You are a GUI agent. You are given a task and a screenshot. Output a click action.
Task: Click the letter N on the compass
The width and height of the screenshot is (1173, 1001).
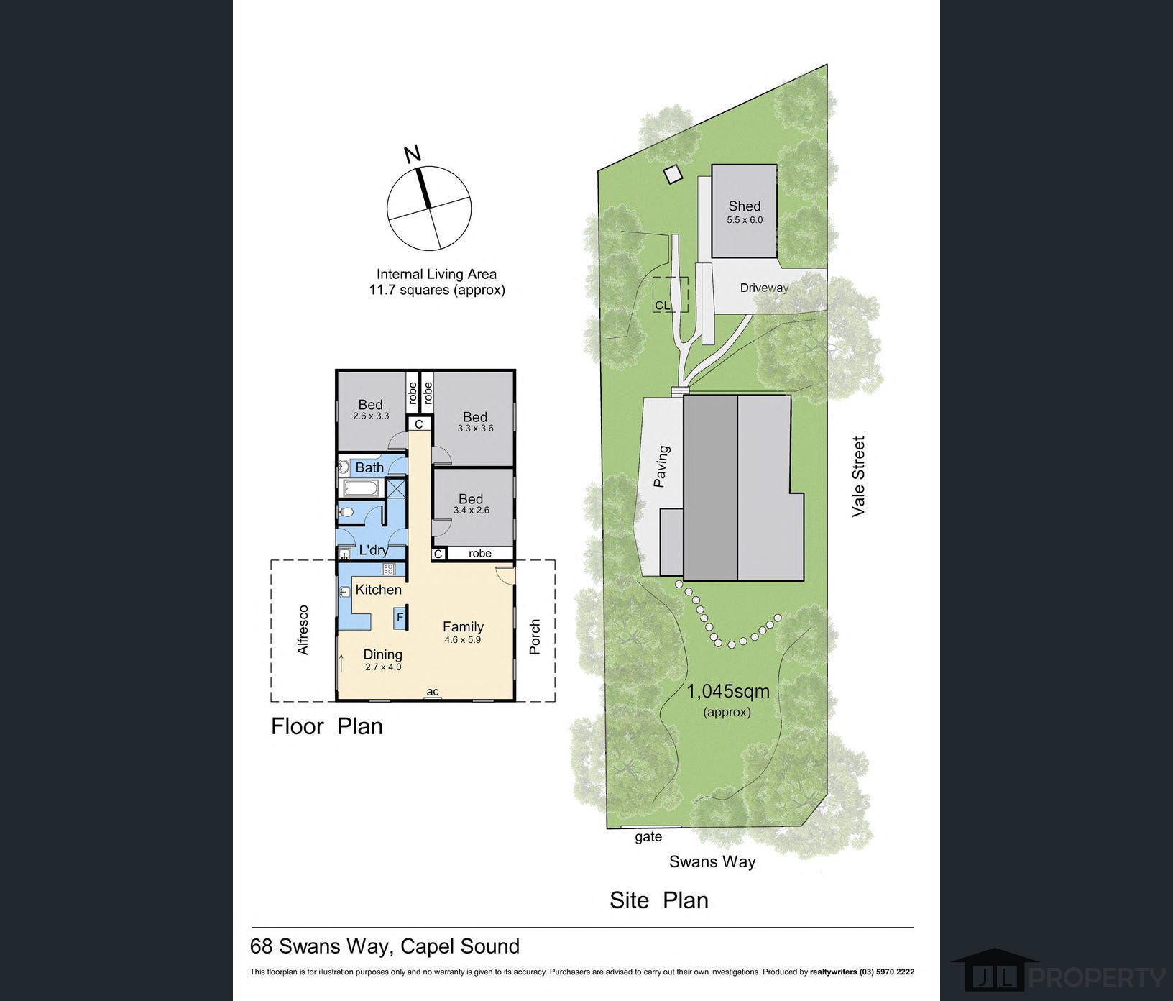pyautogui.click(x=412, y=154)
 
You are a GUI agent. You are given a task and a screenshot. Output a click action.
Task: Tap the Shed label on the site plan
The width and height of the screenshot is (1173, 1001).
pyautogui.click(x=744, y=206)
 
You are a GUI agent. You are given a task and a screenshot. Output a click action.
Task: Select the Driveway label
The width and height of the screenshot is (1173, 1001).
pyautogui.click(x=764, y=288)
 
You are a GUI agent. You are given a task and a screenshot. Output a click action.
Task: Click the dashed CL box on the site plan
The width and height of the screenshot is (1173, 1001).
pyautogui.click(x=670, y=295)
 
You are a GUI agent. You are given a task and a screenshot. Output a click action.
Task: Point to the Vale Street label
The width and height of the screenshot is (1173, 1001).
pyautogui.click(x=858, y=476)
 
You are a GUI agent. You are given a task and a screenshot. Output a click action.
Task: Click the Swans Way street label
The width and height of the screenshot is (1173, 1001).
pyautogui.click(x=712, y=861)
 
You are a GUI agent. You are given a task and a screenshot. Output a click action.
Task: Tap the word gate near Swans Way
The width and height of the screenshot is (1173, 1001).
pyautogui.click(x=648, y=837)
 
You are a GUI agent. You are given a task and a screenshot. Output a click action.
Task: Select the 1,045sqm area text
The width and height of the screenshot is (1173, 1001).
pyautogui.click(x=728, y=692)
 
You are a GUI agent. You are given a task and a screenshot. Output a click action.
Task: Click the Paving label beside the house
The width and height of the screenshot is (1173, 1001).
pyautogui.click(x=661, y=467)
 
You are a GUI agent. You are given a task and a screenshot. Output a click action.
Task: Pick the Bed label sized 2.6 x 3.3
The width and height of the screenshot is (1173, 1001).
pyautogui.click(x=370, y=405)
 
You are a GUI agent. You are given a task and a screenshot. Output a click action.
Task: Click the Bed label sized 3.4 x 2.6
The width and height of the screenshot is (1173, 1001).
pyautogui.click(x=471, y=499)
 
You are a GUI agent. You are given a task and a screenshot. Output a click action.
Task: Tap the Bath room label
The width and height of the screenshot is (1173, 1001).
pyautogui.click(x=369, y=467)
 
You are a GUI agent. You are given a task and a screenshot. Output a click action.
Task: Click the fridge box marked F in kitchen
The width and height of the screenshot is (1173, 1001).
pyautogui.click(x=400, y=617)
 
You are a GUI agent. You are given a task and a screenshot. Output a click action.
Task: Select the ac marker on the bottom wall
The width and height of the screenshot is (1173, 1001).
pyautogui.click(x=433, y=693)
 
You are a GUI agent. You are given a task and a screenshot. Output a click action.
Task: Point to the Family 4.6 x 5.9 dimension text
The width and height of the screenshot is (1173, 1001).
pyautogui.click(x=462, y=639)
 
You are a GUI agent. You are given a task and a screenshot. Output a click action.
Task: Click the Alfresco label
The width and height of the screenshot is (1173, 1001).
pyautogui.click(x=303, y=630)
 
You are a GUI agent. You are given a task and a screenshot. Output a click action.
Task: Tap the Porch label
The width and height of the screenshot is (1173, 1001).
pyautogui.click(x=534, y=637)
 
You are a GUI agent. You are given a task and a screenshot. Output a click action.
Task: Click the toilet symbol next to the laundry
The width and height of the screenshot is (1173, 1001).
pyautogui.click(x=345, y=513)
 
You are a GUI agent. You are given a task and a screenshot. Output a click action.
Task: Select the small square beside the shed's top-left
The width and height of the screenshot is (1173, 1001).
pyautogui.click(x=672, y=175)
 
